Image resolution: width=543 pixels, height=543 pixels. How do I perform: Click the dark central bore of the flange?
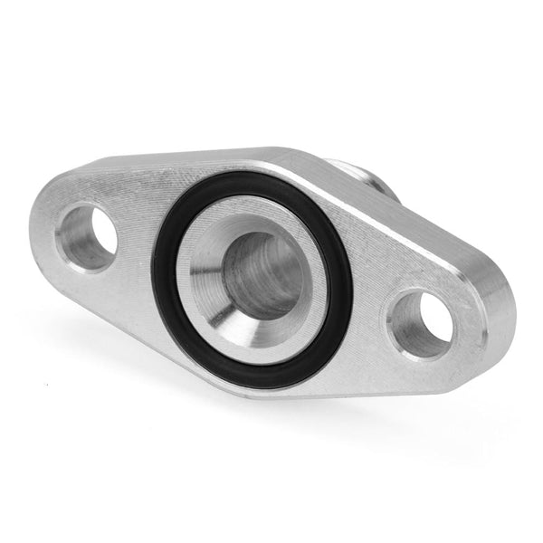point(262,276)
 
